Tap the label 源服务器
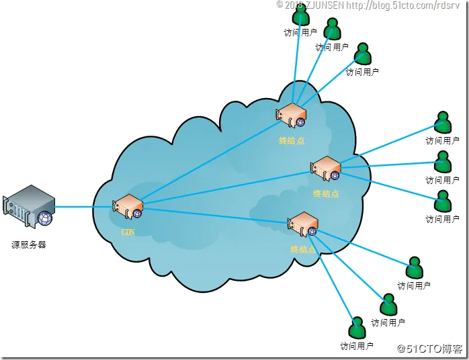coord(29,244)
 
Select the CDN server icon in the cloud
coord(127,206)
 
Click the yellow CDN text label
coord(128,232)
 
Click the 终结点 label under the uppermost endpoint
coord(292,140)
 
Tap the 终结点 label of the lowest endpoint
coord(303,249)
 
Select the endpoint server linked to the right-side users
coord(326,168)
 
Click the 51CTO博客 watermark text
coord(433,349)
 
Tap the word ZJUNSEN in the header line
coord(325,5)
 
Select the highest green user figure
coord(300,16)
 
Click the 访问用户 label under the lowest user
coord(357,347)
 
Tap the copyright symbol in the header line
coord(280,4)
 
